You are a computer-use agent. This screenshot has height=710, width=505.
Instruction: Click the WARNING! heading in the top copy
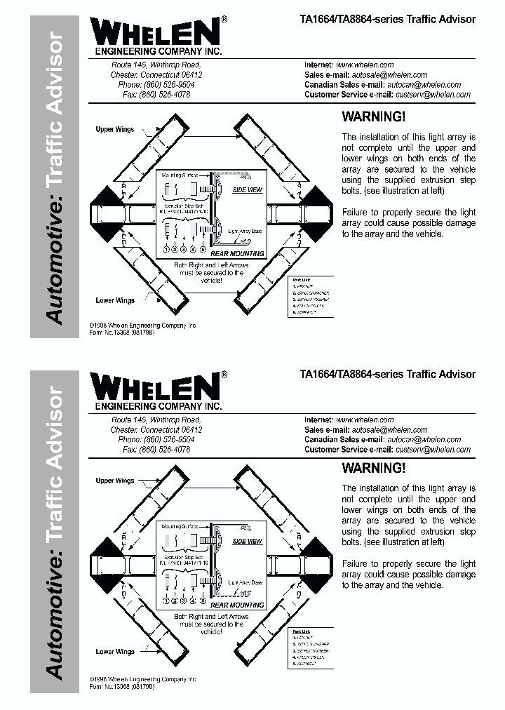click(x=373, y=117)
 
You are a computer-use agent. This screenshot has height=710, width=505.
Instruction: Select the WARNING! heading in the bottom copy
click(x=373, y=468)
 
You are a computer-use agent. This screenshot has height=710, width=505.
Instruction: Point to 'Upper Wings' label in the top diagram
click(x=115, y=130)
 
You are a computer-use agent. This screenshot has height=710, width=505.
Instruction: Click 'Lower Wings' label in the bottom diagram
click(x=115, y=652)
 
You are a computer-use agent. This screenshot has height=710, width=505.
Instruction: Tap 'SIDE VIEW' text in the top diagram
click(x=247, y=190)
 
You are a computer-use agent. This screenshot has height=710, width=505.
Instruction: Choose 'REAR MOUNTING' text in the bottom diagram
click(x=237, y=605)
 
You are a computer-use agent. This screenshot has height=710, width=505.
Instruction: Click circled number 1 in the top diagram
click(x=167, y=249)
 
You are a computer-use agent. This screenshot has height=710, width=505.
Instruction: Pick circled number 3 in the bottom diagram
click(x=184, y=601)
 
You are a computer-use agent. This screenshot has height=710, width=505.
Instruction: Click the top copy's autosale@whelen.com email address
click(x=389, y=74)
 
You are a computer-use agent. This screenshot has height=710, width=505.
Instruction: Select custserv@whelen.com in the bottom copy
click(x=433, y=450)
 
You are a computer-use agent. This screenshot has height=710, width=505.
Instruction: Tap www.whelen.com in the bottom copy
click(x=365, y=420)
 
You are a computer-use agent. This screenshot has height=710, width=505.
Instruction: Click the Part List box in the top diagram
click(x=311, y=297)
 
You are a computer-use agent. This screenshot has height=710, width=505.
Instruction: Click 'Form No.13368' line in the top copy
click(x=121, y=333)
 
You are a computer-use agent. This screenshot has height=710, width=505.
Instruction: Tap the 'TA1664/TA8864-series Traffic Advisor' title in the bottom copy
click(x=387, y=375)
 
